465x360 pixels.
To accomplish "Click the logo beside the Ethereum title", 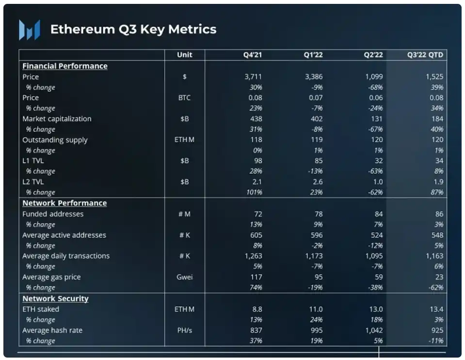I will [29, 30].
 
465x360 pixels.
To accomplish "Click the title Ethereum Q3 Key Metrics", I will [133, 29].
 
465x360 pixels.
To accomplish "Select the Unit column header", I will [185, 55].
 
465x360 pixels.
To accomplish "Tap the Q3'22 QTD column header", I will [425, 55].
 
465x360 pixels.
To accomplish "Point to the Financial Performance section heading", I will [65, 66].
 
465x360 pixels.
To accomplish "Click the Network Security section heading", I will [55, 299].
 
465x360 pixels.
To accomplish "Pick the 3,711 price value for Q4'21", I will [253, 77].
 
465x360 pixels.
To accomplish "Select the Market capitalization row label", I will [57, 119].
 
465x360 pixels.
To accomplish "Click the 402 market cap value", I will [316, 119].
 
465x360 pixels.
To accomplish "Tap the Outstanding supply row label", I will [55, 140].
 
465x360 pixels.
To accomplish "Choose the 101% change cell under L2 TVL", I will [254, 192].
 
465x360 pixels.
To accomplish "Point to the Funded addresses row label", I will [53, 214].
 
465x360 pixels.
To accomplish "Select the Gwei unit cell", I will [185, 277].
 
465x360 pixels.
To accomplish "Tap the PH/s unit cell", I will [185, 330].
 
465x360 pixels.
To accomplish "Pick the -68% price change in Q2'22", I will [375, 87].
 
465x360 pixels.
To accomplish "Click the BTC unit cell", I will [185, 98].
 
